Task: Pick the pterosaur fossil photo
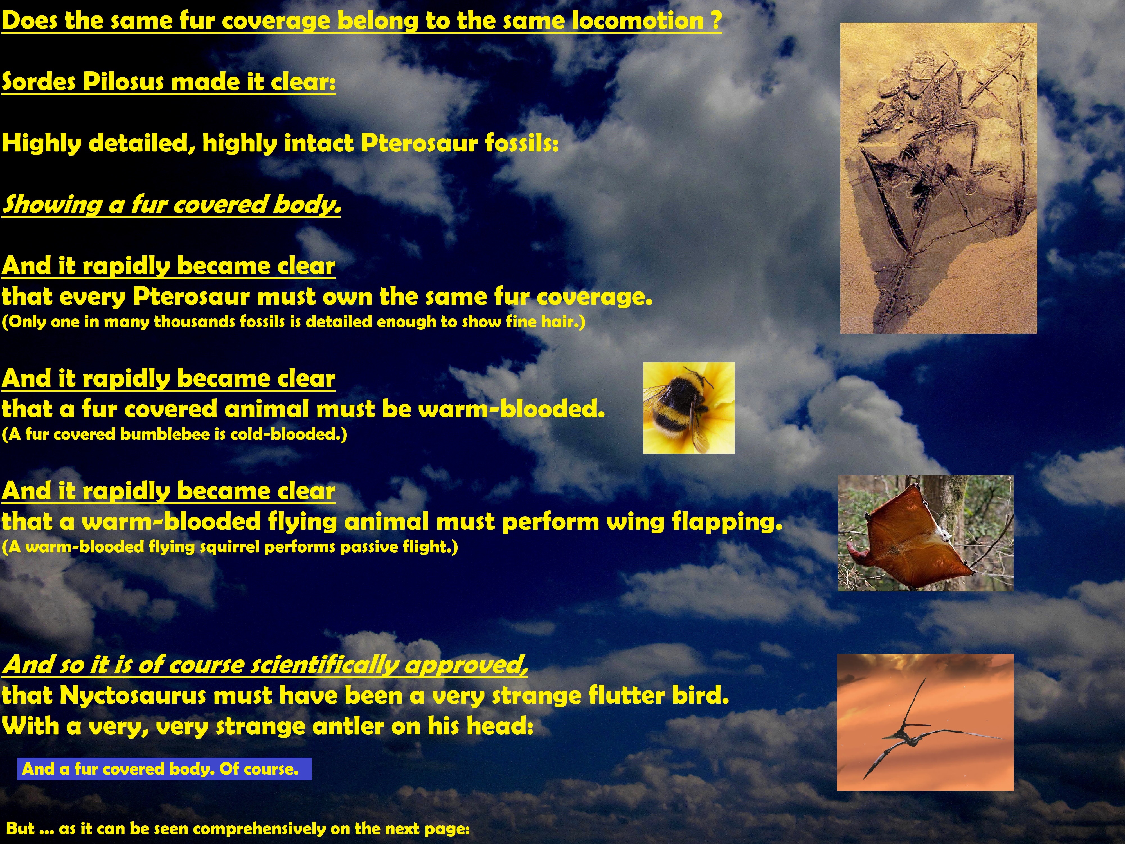pos(938,178)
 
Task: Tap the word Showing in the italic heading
pos(52,205)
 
